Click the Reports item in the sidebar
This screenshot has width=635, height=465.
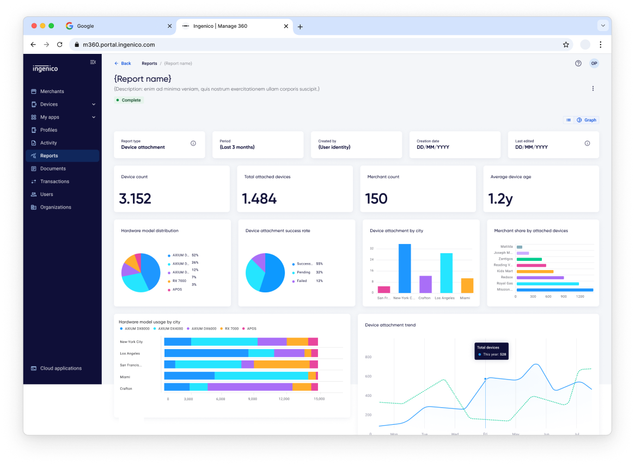click(49, 156)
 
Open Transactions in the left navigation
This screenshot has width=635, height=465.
click(54, 181)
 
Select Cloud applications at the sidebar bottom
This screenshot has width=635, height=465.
click(60, 369)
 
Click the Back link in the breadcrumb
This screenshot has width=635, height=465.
click(123, 64)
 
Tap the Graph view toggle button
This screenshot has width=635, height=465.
click(587, 120)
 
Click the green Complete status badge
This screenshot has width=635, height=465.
click(129, 100)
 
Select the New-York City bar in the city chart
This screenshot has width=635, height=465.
click(405, 268)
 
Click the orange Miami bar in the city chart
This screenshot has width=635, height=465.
click(467, 285)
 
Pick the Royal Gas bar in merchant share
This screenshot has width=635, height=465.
click(547, 284)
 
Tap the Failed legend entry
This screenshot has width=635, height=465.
click(302, 281)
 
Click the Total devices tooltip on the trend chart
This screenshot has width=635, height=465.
click(491, 351)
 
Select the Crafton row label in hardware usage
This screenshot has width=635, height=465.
click(126, 389)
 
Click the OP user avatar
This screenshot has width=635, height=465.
click(594, 64)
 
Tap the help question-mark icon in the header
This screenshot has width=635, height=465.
click(578, 64)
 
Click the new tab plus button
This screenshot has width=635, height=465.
click(300, 27)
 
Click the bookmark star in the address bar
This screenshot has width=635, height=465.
click(566, 45)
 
